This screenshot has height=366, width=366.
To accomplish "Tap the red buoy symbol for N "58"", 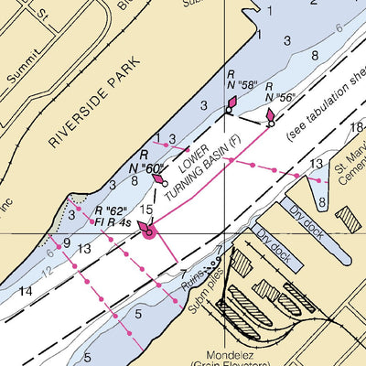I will coord(230,106).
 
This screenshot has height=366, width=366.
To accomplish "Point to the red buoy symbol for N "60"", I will coord(161,179).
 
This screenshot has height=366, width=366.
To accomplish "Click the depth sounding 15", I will coord(146,210).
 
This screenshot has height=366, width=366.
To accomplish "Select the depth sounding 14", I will coord(25,292).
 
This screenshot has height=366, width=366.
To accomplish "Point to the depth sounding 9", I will coord(65,243).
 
